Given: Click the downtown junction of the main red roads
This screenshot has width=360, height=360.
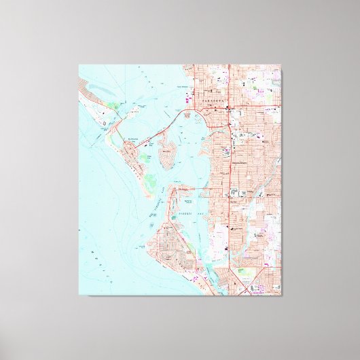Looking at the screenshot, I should pos(230,108).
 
